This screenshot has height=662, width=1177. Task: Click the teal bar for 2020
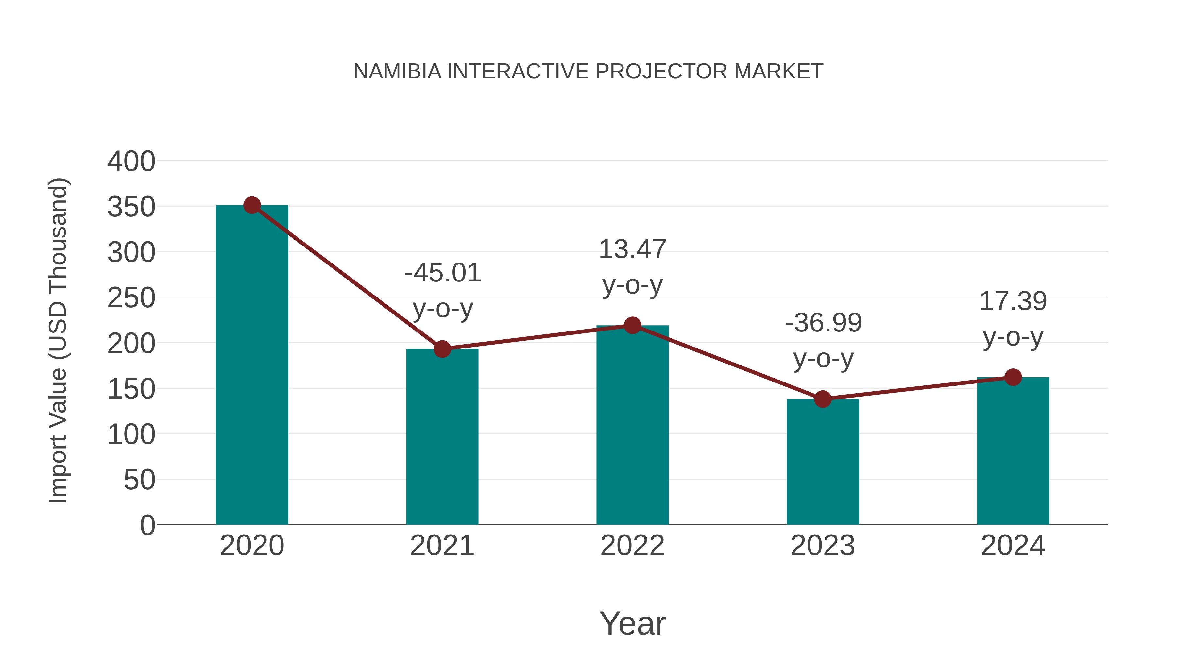(x=252, y=365)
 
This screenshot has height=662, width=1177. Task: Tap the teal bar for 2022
(x=632, y=425)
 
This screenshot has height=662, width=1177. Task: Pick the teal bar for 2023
(x=823, y=461)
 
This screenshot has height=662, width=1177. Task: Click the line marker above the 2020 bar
(x=252, y=206)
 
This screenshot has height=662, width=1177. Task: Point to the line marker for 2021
(x=442, y=349)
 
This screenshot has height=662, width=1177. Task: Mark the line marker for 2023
(x=823, y=399)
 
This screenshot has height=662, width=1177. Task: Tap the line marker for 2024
(x=1013, y=377)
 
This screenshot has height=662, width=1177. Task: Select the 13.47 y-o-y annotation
(x=632, y=267)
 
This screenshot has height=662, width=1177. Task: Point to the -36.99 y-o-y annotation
(x=823, y=340)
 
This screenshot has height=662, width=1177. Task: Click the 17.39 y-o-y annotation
(x=1013, y=319)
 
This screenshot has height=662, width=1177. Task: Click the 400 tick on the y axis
(x=131, y=161)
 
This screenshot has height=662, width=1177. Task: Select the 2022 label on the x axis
(x=632, y=546)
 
